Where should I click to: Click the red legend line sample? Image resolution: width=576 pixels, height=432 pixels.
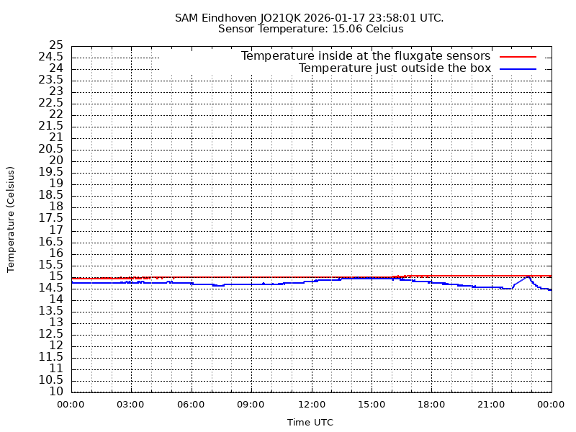518,56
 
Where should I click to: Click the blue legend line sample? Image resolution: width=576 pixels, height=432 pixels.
518,68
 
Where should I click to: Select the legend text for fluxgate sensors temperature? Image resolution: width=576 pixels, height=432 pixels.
365,56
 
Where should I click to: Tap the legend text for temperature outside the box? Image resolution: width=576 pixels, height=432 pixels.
395,68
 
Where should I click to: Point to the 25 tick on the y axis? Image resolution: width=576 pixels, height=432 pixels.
56,45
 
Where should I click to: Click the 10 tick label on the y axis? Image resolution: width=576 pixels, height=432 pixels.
56,392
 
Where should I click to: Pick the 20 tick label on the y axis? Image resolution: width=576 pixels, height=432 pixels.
56,161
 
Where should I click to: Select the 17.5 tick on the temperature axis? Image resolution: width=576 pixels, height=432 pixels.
53,218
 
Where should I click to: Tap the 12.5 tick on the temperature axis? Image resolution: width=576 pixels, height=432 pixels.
53,334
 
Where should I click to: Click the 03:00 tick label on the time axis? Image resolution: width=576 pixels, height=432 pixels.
131,405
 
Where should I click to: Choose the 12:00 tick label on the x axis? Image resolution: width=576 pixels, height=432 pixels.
311,405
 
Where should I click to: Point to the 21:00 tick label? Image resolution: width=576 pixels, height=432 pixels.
491,405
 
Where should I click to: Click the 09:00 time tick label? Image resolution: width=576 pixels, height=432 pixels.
251,405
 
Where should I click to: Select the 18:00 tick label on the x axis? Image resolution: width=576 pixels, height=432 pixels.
431,405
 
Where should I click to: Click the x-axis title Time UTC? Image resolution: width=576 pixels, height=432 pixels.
310,423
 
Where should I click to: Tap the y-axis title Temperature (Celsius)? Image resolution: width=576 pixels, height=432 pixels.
11,219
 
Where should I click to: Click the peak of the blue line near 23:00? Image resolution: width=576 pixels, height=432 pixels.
528,276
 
